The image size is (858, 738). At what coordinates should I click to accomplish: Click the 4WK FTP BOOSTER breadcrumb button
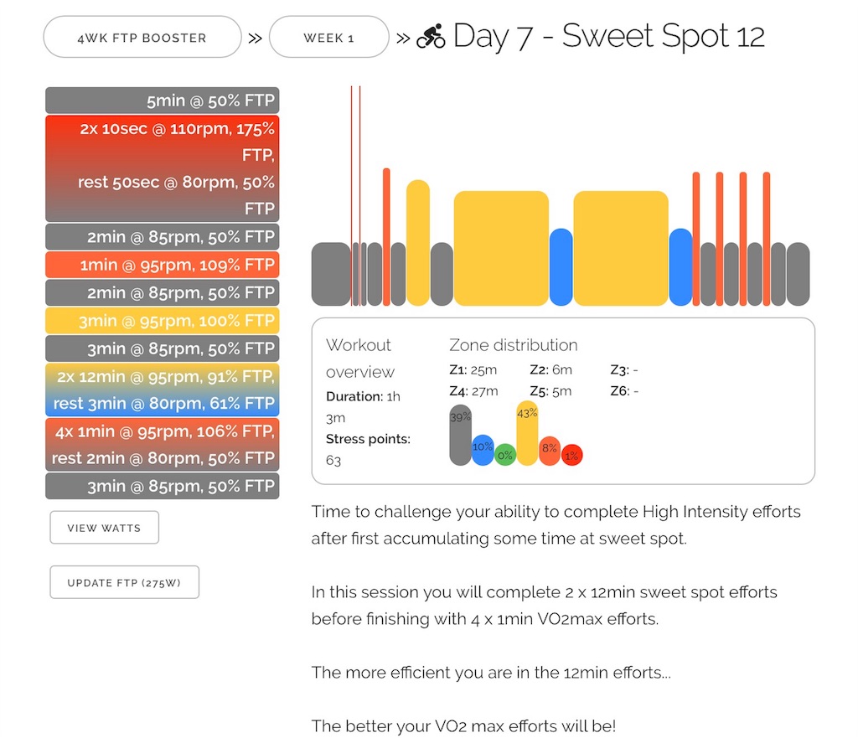coord(142,38)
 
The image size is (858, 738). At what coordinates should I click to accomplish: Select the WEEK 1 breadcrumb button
coord(328,38)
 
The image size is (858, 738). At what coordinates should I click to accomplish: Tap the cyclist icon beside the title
coord(432,37)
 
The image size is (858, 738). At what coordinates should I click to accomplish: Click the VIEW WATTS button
coord(104,528)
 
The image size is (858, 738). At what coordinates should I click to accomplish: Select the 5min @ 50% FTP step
coord(162,101)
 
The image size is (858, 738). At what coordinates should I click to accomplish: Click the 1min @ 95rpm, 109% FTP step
coord(162,265)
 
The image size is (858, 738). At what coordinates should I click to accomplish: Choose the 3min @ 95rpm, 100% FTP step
coord(162,320)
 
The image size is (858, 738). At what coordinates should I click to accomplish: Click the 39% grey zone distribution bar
coord(461,436)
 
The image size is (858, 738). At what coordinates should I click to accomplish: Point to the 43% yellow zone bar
coord(527,433)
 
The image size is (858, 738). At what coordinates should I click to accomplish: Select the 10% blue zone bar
coord(483,450)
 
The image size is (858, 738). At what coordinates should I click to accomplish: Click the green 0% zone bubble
coord(504,455)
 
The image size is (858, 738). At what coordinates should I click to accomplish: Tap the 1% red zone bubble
coord(571,455)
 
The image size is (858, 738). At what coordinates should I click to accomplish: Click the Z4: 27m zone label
coord(473,390)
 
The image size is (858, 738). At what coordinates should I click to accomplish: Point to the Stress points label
coord(368,439)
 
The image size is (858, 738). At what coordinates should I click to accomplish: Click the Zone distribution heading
coord(513,345)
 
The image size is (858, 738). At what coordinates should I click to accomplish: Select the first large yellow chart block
coord(501,249)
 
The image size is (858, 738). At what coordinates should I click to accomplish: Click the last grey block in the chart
coord(798,274)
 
